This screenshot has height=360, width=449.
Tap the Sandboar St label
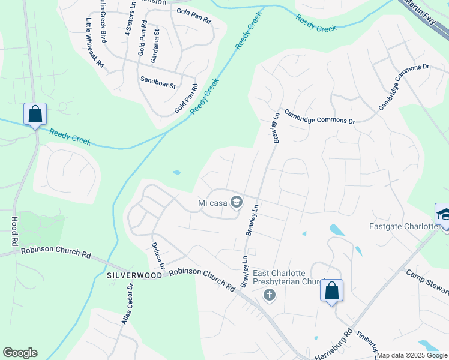(158, 82)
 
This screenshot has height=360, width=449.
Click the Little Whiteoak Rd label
(95, 43)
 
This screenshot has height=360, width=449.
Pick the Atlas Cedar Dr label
(127, 304)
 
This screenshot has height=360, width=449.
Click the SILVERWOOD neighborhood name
(134, 275)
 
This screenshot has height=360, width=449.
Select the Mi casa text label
(212, 203)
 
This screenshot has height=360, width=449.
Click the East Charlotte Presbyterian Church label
(289, 277)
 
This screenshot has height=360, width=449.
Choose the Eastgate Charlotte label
(402, 226)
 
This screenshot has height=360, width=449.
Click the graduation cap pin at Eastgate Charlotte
(443, 214)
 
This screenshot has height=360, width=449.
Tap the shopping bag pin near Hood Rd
(35, 113)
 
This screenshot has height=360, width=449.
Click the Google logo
(20, 353)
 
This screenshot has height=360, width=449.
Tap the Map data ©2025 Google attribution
(412, 356)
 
